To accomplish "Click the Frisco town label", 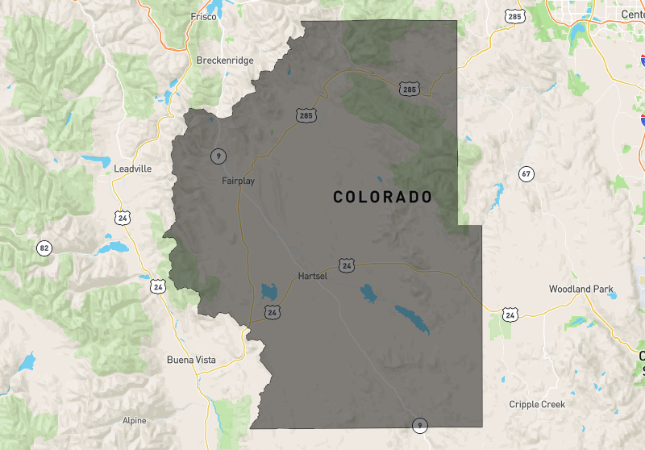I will pos(204,16).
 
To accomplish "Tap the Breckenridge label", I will pos(225,60).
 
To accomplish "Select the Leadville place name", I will pos(133,169).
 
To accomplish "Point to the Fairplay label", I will pos(238,181).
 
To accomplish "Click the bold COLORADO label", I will pos(383,197).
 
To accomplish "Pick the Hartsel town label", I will pos(313,276).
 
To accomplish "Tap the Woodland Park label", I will pos(580,289).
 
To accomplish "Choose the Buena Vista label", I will pos(191,360).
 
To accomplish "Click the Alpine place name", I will pos(135,420).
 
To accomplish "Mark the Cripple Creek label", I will pos(537,404).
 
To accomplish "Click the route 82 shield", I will pos(44,248).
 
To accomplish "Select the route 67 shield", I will pos(526,173).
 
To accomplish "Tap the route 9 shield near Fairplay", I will pos(218,155).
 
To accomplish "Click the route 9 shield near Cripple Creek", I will pos(418,424).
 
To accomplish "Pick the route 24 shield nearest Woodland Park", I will pos(510,313).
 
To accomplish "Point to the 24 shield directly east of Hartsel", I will pos(347,265).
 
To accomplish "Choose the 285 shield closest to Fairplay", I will pos(305,116).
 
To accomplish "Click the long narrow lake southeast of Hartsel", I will pos(412,319).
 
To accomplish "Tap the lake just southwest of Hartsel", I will pos(268,290).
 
